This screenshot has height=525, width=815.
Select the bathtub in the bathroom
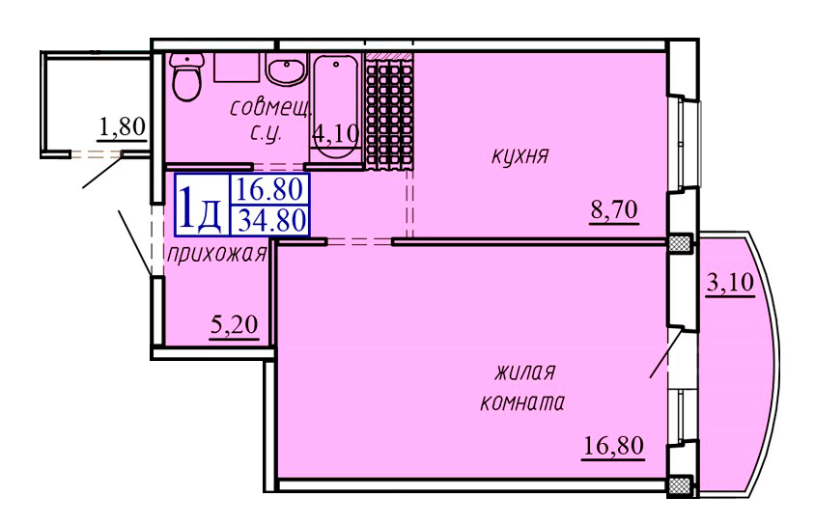point(335,101)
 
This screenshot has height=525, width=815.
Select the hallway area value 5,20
point(233,326)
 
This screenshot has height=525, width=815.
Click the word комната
point(521,404)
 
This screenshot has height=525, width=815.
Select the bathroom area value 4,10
point(335,134)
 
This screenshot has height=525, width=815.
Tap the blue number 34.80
point(270,221)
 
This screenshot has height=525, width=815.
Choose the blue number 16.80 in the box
point(270,187)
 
